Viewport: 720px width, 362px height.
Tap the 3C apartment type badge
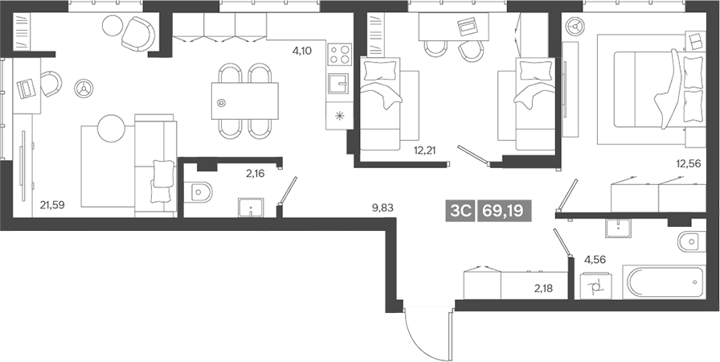[x=460, y=211]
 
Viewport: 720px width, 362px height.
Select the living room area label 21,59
[x=51, y=205]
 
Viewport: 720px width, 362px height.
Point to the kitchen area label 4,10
[x=302, y=51]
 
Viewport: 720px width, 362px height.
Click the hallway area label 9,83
[x=382, y=207]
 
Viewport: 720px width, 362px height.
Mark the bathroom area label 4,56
[x=595, y=259]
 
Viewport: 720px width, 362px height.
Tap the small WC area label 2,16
[x=256, y=172]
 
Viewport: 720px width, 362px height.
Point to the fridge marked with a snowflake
[x=339, y=115]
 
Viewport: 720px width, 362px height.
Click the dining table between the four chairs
[x=245, y=101]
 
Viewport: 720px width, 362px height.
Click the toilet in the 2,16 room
[x=198, y=192]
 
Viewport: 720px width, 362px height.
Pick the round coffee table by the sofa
[x=112, y=126]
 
